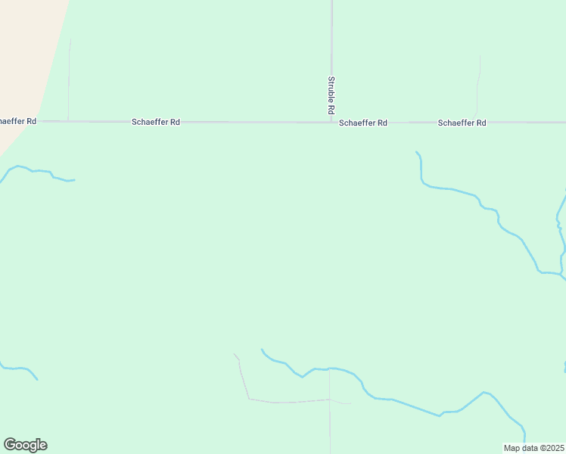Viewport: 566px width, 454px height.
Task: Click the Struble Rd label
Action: pos(331,95)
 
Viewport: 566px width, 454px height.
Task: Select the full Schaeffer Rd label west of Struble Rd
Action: pos(156,122)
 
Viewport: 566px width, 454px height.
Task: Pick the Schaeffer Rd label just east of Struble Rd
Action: pos(363,123)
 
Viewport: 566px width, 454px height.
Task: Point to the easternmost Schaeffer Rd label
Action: pos(462,123)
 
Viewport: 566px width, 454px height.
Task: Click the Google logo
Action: pos(25,445)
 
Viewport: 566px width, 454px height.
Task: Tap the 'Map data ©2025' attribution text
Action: pos(534,448)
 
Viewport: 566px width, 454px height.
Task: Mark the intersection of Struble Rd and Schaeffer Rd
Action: pos(331,122)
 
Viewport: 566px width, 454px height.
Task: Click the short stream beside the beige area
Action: pos(38,172)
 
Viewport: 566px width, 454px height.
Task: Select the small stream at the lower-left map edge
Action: pos(19,369)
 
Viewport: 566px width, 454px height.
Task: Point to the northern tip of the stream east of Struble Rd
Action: pos(416,152)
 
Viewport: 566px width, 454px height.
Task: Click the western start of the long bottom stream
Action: pos(262,350)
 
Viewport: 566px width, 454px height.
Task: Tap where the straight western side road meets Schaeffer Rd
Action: pos(69,121)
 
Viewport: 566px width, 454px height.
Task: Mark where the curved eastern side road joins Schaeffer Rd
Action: pos(476,122)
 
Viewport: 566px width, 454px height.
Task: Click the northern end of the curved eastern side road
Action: pos(480,55)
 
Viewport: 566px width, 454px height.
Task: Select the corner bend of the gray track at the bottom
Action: pos(249,399)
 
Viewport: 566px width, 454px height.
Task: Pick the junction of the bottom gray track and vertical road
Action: pos(329,400)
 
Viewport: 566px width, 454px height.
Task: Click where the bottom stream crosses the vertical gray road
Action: pos(329,368)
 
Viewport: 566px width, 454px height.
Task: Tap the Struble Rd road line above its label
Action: pos(331,38)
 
